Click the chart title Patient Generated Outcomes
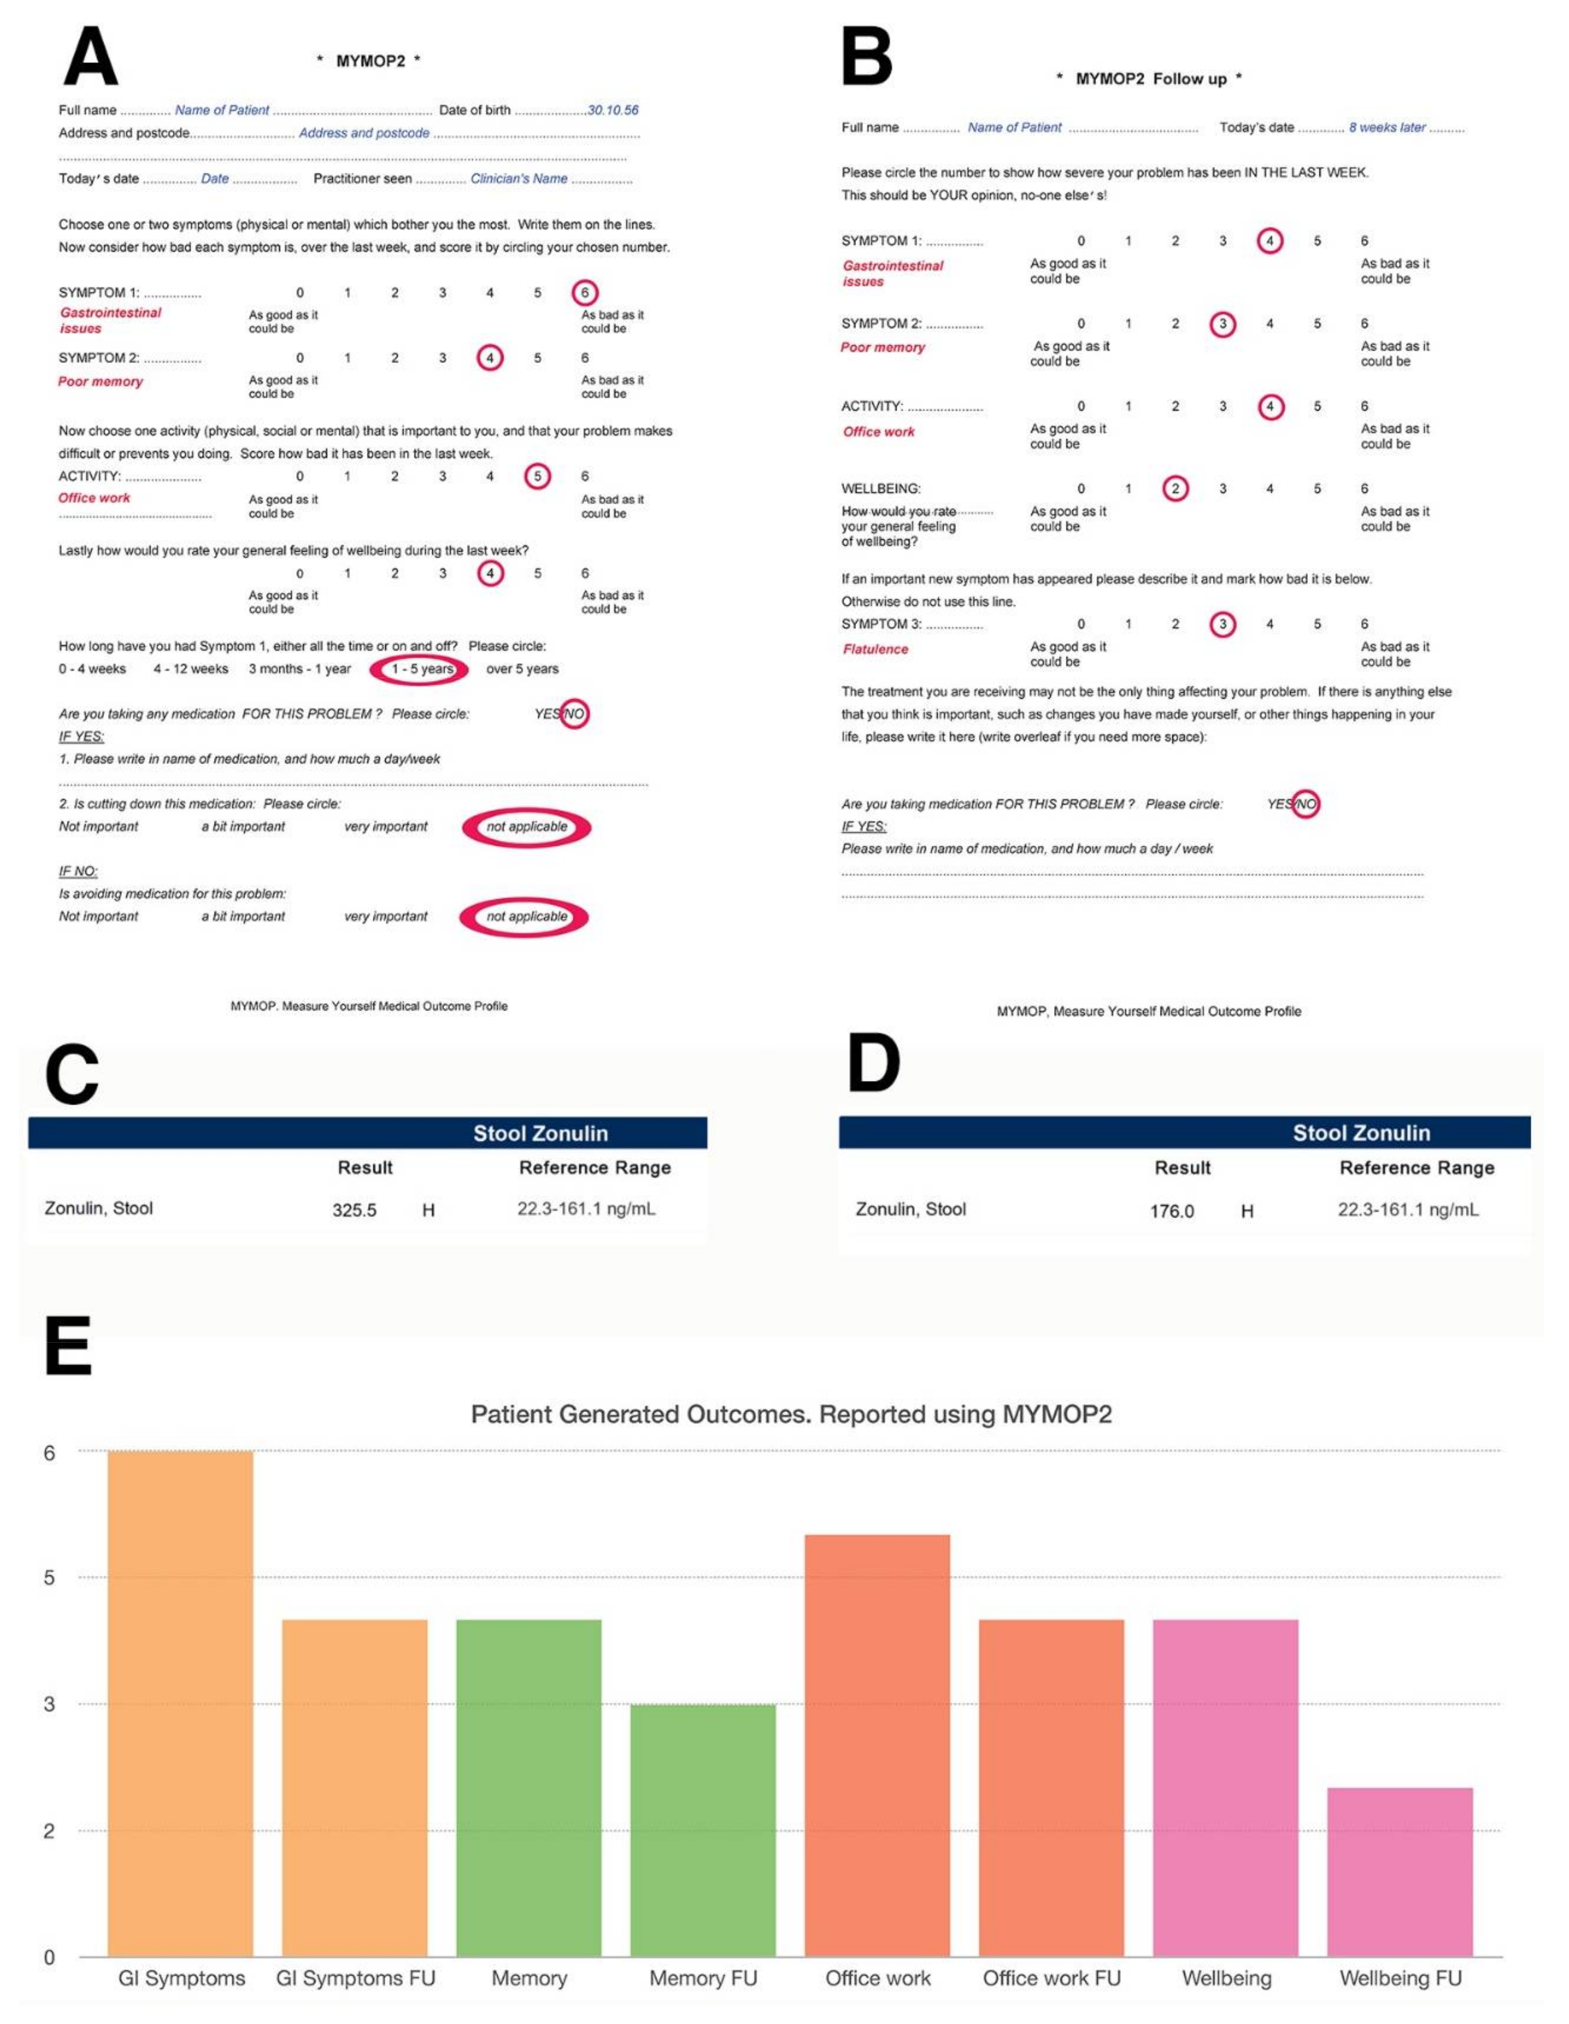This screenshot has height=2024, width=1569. [791, 1414]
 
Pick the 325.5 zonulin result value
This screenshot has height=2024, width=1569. [354, 1210]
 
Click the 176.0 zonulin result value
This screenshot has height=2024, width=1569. [1172, 1211]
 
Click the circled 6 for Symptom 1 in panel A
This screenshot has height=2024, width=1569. [584, 293]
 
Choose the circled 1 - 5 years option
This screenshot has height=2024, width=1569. [420, 669]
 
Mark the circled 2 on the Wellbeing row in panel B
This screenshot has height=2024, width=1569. [1175, 488]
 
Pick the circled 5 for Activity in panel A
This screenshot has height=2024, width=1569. [537, 476]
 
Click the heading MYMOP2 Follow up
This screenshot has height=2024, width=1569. [1150, 79]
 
